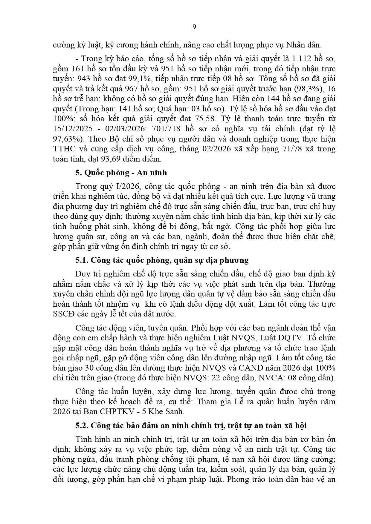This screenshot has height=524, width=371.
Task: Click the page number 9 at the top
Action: (194, 27)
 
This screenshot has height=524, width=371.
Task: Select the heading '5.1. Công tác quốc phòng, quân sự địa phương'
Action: (162, 260)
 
